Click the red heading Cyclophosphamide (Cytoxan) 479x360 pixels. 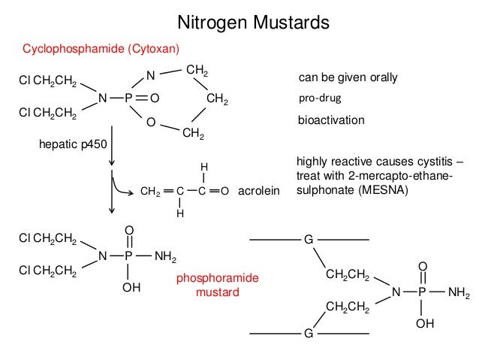101,50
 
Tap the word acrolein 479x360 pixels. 258,192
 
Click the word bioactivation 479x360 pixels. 331,119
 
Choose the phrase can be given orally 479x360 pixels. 348,77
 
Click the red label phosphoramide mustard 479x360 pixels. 217,285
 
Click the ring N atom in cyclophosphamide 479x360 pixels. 150,74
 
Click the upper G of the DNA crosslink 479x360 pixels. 308,240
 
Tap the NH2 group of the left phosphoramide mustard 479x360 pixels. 165,258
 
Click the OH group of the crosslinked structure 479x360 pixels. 424,323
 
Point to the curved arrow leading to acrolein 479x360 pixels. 122,184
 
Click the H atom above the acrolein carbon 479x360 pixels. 203,168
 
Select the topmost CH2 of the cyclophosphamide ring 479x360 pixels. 197,71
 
